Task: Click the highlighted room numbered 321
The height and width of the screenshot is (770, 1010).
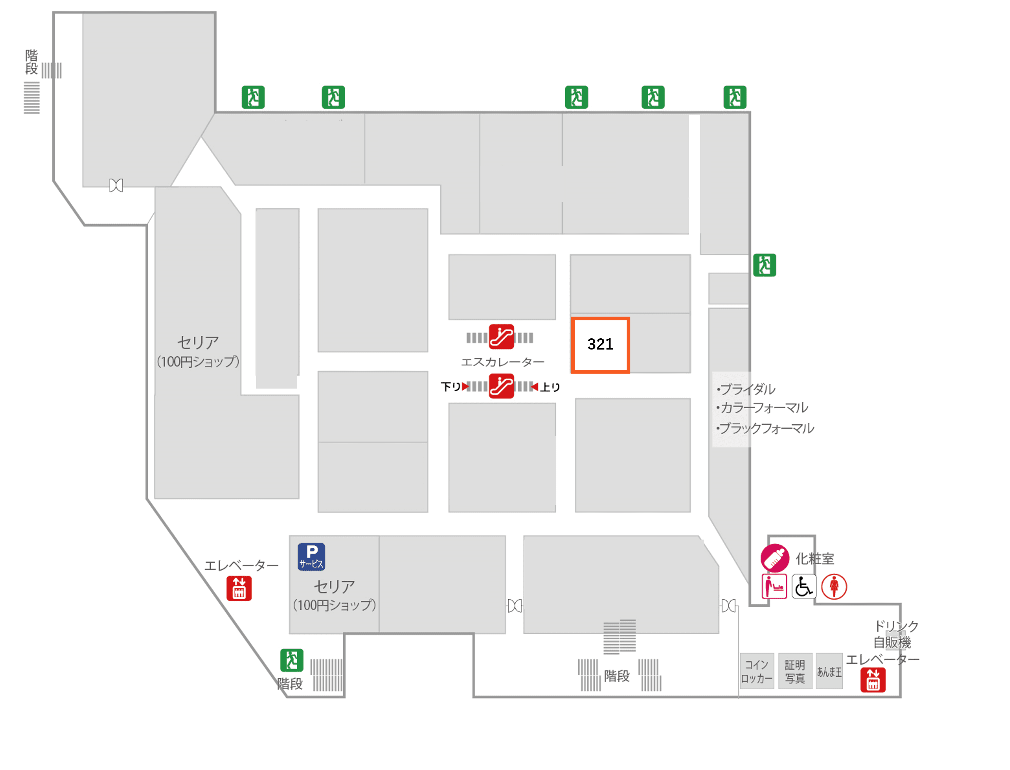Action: click(600, 345)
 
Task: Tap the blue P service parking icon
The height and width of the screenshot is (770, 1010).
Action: click(311, 557)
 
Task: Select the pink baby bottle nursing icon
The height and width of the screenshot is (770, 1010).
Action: click(775, 558)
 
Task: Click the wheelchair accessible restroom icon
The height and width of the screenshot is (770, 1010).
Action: click(804, 587)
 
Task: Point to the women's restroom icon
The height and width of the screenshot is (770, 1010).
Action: click(834, 587)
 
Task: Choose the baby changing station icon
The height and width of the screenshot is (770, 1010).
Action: click(774, 587)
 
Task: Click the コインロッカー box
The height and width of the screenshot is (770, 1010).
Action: click(757, 672)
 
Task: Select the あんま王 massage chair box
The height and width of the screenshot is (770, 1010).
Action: click(829, 672)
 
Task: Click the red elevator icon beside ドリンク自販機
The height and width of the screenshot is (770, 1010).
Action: click(873, 680)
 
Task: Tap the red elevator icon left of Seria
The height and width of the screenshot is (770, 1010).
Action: click(239, 588)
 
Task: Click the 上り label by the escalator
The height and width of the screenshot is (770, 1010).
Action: click(550, 387)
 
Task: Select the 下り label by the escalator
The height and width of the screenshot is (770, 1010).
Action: click(451, 387)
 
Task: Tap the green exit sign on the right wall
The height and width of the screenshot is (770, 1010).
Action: click(764, 265)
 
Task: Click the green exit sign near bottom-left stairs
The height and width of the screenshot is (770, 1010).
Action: click(291, 660)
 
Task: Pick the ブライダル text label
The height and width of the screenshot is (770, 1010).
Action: click(747, 390)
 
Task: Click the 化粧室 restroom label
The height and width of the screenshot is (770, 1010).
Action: click(815, 559)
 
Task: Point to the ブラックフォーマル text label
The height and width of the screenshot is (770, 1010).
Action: click(766, 429)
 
